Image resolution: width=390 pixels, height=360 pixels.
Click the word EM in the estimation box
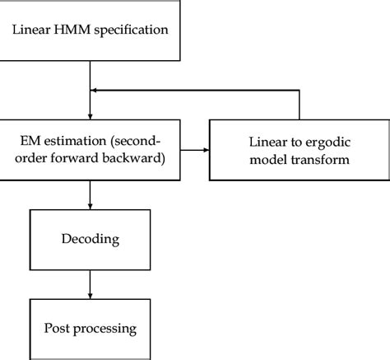click(31, 132)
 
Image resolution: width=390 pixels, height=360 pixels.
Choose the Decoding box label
click(88, 240)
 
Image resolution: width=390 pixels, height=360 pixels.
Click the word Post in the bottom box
click(56, 329)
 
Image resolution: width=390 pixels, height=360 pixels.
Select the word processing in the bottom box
click(105, 329)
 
